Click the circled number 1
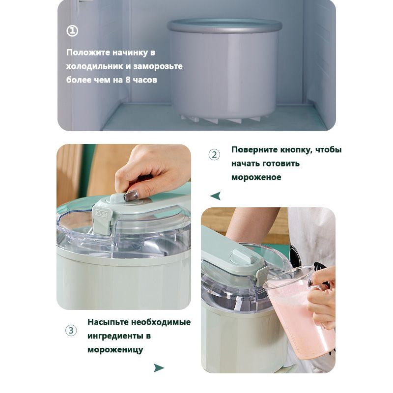click(x=72, y=31)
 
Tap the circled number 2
click(x=214, y=155)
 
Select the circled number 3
click(x=71, y=330)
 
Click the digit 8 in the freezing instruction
click(x=128, y=80)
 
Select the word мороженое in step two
click(x=256, y=177)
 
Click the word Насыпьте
click(x=108, y=322)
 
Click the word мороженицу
click(x=115, y=350)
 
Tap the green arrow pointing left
click(x=216, y=196)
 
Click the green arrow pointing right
click(x=159, y=368)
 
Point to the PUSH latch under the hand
click(x=102, y=220)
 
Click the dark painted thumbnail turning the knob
click(x=131, y=195)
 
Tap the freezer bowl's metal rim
click(x=225, y=26)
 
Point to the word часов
click(x=145, y=80)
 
